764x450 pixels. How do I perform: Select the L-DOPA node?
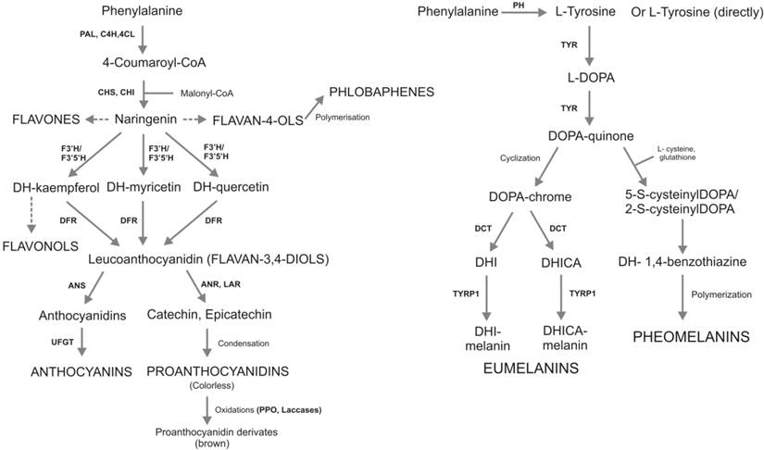[594, 77]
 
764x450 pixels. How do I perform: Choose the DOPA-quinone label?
[594, 136]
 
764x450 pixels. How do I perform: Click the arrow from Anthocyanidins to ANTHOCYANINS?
[82, 342]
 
